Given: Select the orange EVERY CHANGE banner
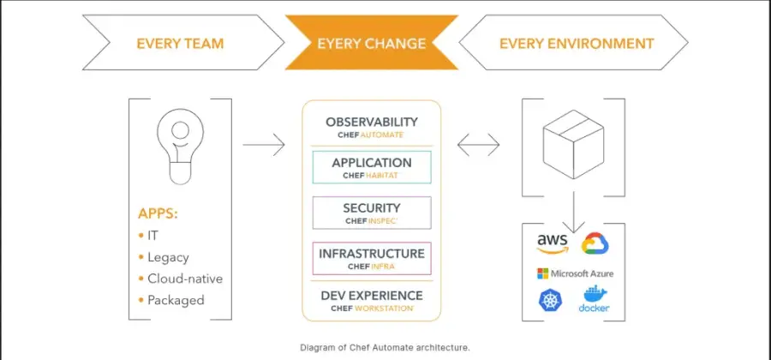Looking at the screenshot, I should point(372,44).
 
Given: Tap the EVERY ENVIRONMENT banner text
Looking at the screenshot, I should point(576,43).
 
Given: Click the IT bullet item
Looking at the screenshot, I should point(152,234).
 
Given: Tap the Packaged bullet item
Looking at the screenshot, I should point(175,300).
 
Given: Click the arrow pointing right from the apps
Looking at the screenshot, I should point(263,145).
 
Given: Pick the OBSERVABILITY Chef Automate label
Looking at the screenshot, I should point(371,127).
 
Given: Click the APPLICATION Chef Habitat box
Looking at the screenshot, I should point(371,167).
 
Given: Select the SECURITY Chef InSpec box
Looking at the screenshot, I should point(371,213).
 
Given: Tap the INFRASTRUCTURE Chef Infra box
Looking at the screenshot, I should point(371,258).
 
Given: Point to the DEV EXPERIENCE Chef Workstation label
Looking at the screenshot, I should point(371,300).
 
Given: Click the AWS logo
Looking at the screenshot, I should point(553,244).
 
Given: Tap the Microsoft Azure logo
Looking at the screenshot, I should point(575,273).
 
